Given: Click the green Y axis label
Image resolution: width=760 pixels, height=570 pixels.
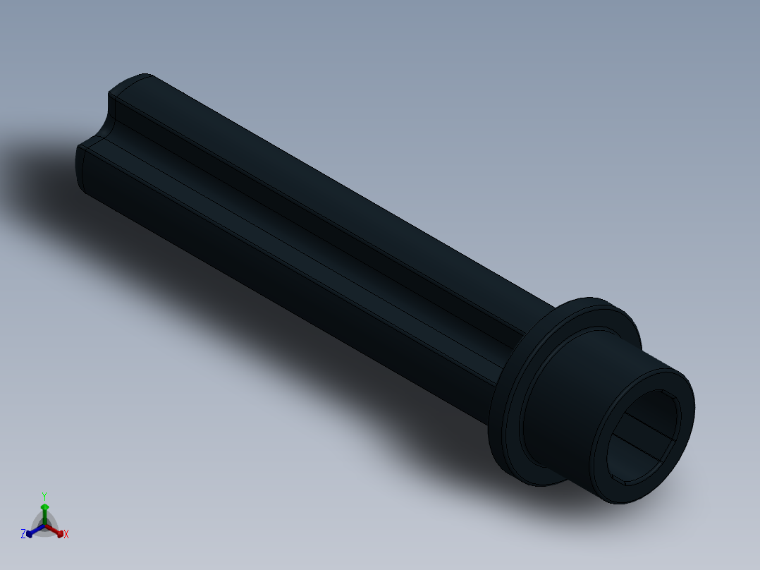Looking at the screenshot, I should (x=44, y=496).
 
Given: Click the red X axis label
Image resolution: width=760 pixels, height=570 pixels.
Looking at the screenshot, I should (x=66, y=535).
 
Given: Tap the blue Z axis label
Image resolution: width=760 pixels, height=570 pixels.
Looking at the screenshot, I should (x=23, y=535).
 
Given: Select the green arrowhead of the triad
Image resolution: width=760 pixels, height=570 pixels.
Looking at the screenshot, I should (x=44, y=507).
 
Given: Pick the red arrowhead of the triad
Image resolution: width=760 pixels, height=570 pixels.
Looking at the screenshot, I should (x=60, y=533).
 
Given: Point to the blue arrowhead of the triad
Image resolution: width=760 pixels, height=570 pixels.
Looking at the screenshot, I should (x=30, y=533).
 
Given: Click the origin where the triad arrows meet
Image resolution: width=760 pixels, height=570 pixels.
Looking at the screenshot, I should (x=45, y=525).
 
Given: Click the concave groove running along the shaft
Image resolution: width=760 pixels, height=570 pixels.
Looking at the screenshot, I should (x=296, y=226).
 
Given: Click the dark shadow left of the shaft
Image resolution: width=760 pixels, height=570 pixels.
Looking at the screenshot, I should (x=42, y=176).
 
